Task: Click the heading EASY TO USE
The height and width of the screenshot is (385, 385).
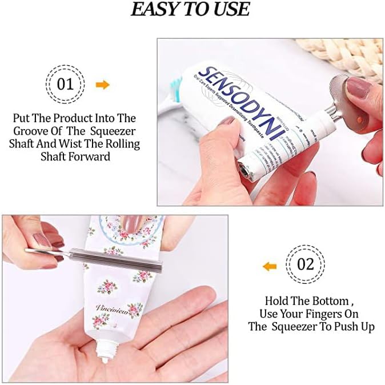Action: [x=190, y=9]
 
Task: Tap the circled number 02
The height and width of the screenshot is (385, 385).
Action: [x=307, y=264]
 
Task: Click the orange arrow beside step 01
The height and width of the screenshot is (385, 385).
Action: [x=102, y=85]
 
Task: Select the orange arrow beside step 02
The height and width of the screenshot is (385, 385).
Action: [x=270, y=266]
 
